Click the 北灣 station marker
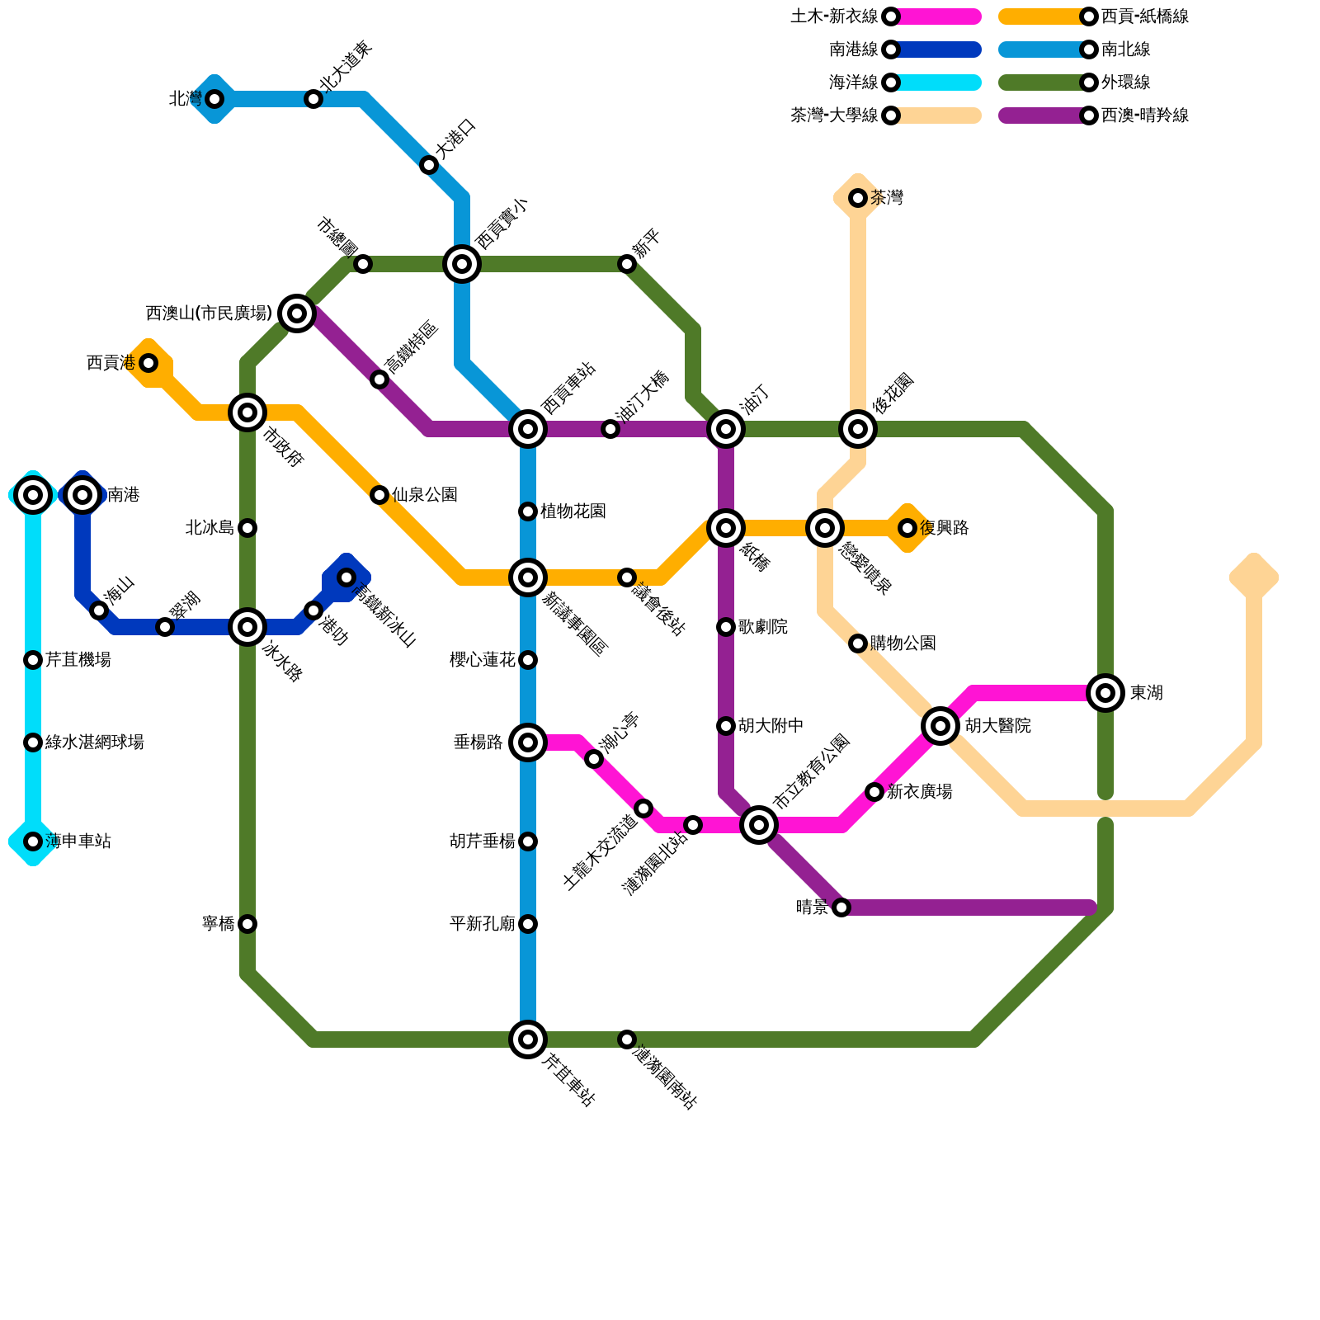pos(214,99)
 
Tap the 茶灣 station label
pos(887,198)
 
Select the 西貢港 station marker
pos(148,363)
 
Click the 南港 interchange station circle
pos(82,495)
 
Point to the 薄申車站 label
pos(78,841)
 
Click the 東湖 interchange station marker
pos(1105,693)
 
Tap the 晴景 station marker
pos(841,907)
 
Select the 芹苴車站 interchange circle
pos(528,1039)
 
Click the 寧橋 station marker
pos(247,924)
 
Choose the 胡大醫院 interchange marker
pos(940,726)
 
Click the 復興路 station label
pos(945,528)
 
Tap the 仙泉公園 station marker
pos(379,495)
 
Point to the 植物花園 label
pos(573,511)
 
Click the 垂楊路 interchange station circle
pos(528,742)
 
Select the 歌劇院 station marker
pos(726,627)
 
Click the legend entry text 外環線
pos(1126,82)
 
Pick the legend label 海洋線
pos(854,82)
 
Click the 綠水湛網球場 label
pos(95,742)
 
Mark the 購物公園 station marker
pos(858,643)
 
